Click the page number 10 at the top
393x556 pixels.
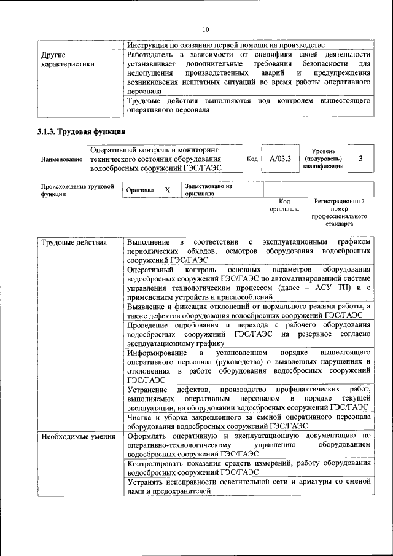206,29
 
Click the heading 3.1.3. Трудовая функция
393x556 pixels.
81,131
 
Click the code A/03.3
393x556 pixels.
280,159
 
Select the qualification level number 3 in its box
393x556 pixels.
360,159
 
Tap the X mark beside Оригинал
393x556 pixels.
167,190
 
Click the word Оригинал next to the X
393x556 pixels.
139,190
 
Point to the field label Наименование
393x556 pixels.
61,159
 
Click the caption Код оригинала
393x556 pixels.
284,205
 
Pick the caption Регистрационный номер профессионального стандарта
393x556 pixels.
339,213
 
